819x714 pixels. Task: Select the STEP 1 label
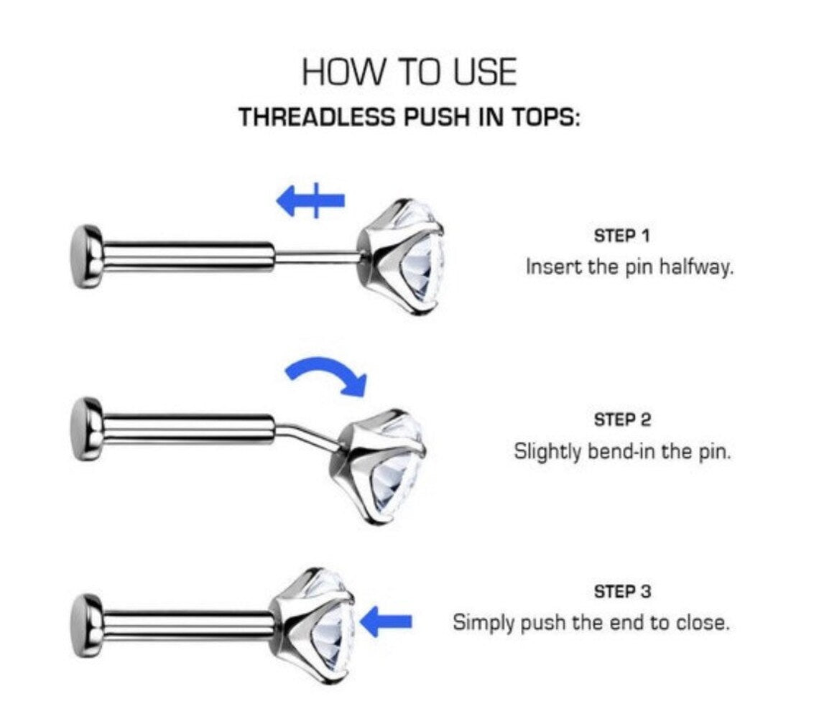(621, 236)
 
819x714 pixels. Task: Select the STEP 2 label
(622, 419)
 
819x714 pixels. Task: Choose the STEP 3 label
(622, 592)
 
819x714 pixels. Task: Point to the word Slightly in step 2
(547, 452)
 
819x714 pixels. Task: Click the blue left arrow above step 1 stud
(310, 200)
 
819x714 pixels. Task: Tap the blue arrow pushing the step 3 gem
(387, 621)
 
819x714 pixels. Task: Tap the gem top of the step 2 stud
(379, 466)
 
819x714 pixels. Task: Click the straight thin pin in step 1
(316, 256)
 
